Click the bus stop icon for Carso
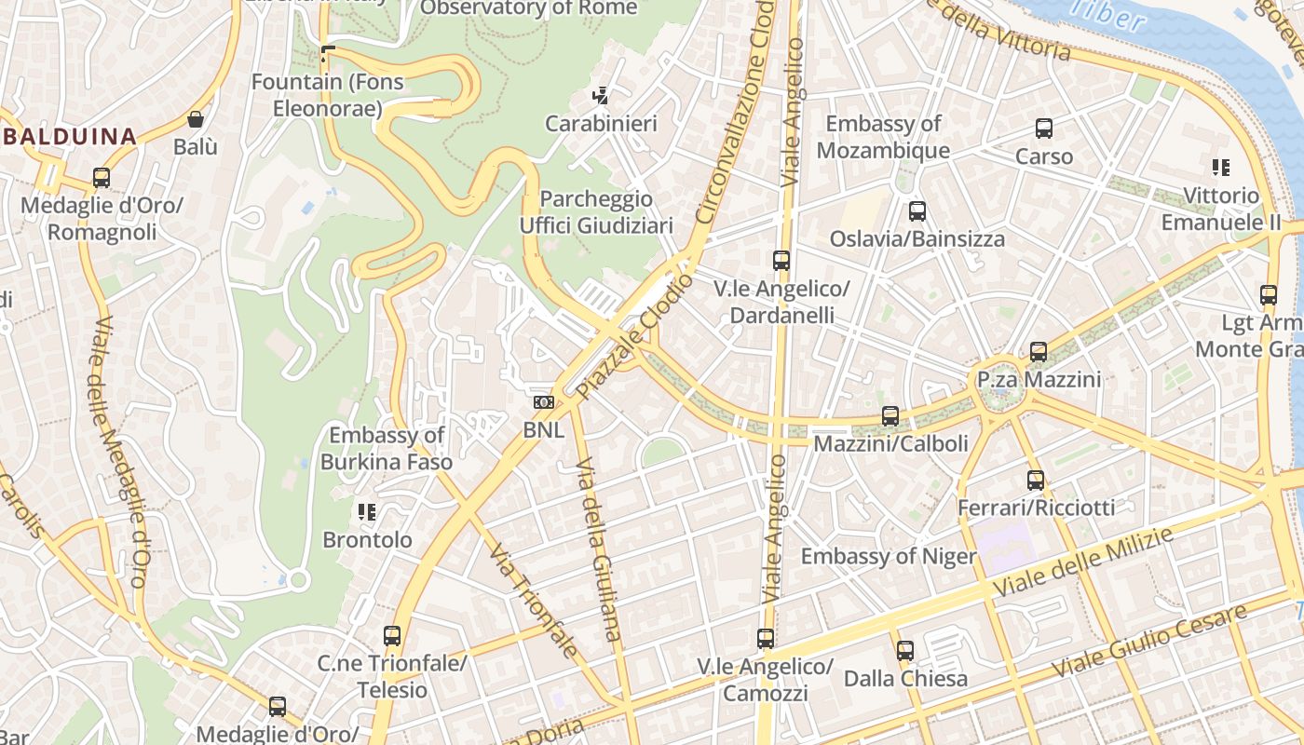coord(1044,129)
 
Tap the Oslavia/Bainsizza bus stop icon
coord(917,211)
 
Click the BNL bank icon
coord(543,402)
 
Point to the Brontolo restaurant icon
coord(367,512)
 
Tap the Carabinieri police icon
coord(601,95)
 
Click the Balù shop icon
coord(196,119)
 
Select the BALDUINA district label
coord(69,137)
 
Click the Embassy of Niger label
coord(889,557)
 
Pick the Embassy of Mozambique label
coord(883,137)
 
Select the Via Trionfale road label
coord(535,601)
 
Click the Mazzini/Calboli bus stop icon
coord(890,416)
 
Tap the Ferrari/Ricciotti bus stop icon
coord(1036,481)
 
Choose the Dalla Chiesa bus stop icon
coord(905,651)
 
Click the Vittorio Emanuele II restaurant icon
coord(1221,168)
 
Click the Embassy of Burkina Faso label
coord(387,448)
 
